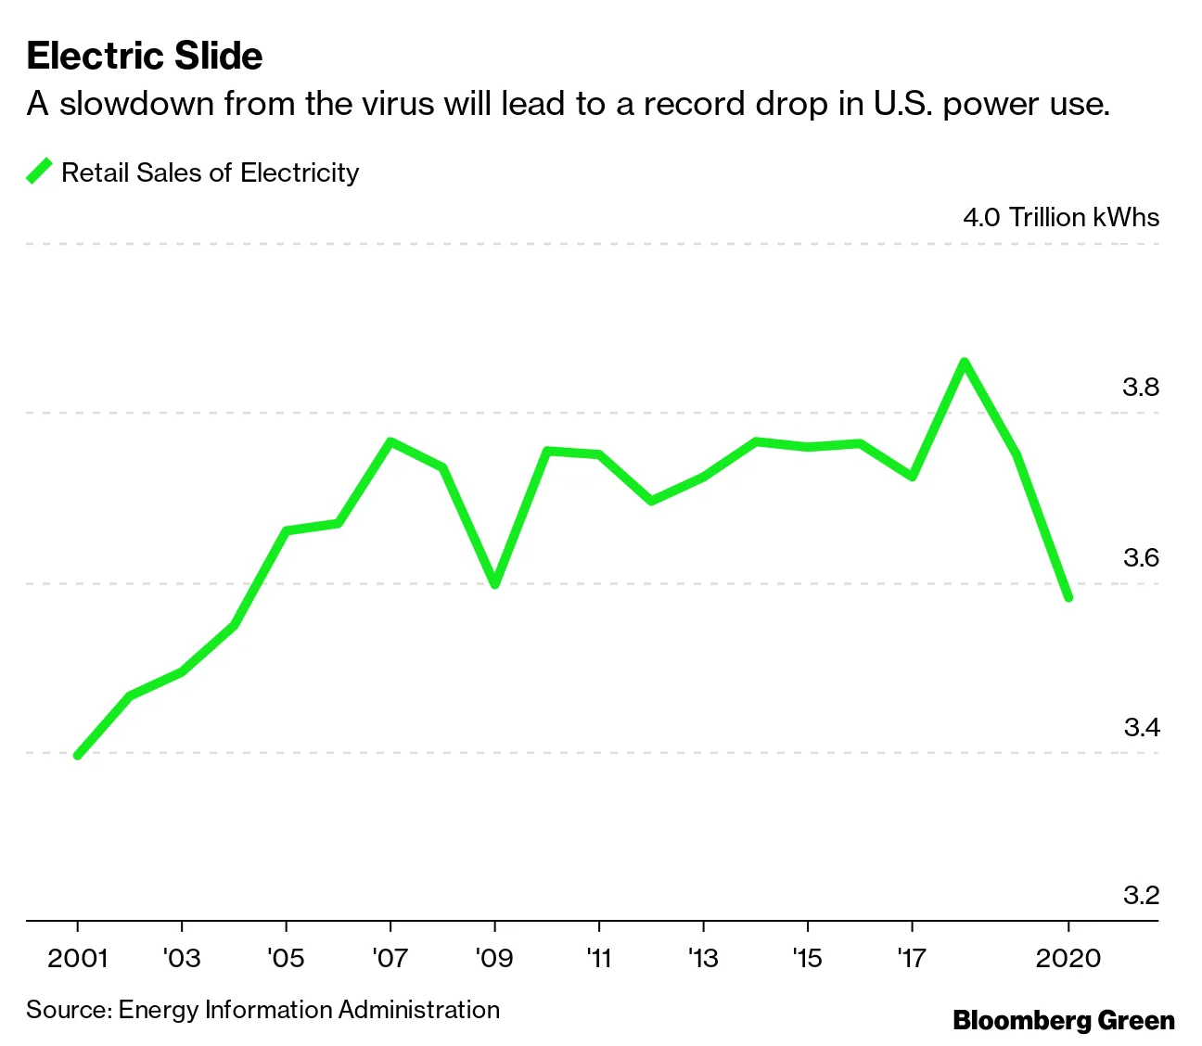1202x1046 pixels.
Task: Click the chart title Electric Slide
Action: click(x=145, y=56)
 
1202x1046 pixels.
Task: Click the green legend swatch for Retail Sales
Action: click(x=39, y=172)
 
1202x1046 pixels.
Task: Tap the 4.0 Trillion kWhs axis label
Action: click(x=1061, y=217)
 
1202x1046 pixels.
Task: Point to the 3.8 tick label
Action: click(x=1141, y=387)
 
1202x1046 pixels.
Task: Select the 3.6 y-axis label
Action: click(x=1141, y=557)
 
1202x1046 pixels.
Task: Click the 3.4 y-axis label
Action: click(x=1141, y=727)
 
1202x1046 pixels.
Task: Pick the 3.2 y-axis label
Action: click(x=1141, y=895)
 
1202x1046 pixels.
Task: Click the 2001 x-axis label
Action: click(x=78, y=958)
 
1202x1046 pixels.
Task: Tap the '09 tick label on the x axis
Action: click(x=493, y=958)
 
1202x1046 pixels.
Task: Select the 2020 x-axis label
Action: click(x=1068, y=958)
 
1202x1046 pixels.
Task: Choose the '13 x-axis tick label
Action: click(x=703, y=958)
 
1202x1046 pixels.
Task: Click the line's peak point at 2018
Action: click(x=965, y=362)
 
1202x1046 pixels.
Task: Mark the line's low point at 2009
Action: click(x=494, y=585)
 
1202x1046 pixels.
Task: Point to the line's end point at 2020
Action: click(x=1068, y=597)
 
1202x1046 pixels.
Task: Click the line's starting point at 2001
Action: click(x=78, y=756)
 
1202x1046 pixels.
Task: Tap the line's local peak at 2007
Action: click(x=390, y=441)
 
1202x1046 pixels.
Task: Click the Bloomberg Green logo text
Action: click(x=1064, y=1021)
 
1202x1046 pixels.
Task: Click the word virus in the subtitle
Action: click(x=396, y=104)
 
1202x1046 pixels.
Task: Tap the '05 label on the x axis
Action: click(x=286, y=958)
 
